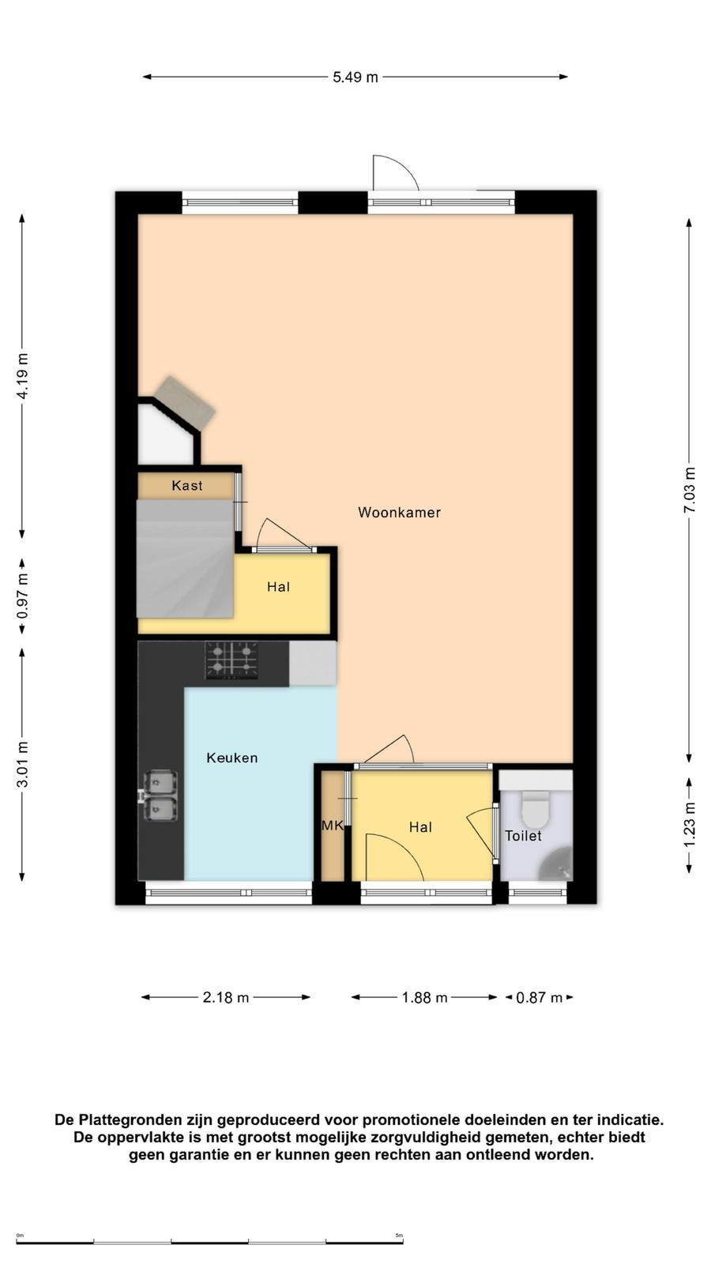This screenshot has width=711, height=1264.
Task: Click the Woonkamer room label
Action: [399, 513]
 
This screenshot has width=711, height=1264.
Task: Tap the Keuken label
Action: [232, 758]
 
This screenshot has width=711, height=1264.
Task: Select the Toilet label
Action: [523, 836]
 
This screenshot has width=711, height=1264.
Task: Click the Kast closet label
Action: [186, 485]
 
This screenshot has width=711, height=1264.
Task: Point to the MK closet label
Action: [332, 826]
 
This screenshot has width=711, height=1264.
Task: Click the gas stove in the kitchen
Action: [231, 660]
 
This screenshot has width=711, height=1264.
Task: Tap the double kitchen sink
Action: [160, 796]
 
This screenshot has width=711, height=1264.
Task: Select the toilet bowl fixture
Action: [535, 809]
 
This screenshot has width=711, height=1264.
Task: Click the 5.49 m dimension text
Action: [355, 77]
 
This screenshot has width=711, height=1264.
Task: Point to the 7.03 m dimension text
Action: [690, 490]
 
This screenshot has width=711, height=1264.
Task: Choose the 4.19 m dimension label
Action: [23, 376]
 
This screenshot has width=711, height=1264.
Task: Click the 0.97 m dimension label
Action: [23, 596]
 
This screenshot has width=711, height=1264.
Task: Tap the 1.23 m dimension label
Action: [690, 825]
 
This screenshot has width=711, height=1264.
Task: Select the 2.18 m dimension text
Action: [226, 998]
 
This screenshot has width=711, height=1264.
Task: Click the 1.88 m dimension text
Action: [424, 998]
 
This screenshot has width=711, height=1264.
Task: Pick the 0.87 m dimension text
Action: [539, 998]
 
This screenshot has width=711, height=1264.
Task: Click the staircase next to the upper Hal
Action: [185, 559]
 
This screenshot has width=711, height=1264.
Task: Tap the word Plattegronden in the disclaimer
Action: [146, 1119]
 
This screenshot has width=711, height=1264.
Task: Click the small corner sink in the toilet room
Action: [556, 864]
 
